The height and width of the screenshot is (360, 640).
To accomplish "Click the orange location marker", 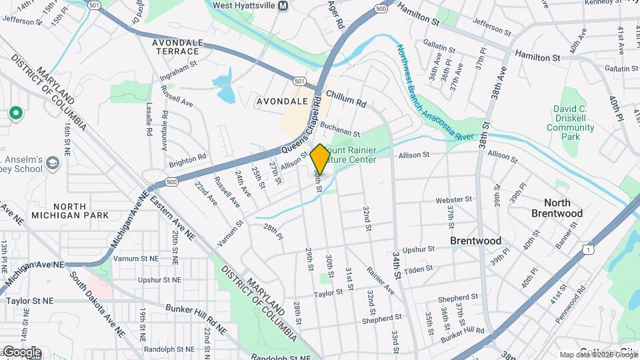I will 320,159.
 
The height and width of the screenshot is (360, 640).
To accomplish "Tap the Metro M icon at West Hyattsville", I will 283,6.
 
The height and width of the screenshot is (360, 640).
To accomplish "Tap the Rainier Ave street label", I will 381,280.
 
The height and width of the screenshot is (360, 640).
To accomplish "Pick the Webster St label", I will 453,199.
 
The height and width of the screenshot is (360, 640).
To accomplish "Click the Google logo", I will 22,352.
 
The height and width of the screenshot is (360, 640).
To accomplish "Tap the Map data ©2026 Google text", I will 598,355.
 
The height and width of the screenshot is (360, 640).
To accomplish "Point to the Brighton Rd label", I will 187,161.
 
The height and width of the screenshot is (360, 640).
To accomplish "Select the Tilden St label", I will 419,269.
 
